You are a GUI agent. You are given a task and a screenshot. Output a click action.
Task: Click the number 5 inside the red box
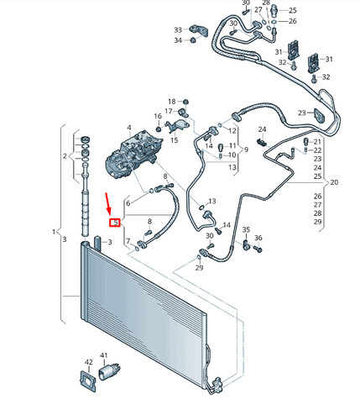115,223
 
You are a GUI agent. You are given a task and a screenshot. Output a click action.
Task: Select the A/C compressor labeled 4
132,155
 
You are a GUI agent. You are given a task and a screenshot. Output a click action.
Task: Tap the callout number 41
103,355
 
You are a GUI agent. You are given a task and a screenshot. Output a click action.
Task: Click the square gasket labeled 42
88,381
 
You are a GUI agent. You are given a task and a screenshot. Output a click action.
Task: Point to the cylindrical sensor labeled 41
109,371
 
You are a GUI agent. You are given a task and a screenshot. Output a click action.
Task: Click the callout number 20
334,182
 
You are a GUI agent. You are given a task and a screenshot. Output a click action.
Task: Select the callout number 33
178,29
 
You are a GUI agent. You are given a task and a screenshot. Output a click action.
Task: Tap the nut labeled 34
193,40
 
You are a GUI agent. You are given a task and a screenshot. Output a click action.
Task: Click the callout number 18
172,102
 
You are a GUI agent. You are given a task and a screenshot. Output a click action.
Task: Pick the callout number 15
174,139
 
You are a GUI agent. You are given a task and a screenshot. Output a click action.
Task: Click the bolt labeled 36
258,249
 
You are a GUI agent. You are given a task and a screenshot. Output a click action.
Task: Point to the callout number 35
246,230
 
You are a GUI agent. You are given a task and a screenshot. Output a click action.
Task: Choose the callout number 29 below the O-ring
199,268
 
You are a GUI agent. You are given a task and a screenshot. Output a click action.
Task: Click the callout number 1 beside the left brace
54,232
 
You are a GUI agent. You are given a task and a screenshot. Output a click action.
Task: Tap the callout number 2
65,156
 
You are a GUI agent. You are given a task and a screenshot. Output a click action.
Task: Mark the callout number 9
246,150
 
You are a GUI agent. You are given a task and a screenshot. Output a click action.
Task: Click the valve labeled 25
274,10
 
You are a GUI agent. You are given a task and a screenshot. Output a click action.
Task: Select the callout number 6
128,203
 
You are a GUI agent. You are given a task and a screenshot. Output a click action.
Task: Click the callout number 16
158,116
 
